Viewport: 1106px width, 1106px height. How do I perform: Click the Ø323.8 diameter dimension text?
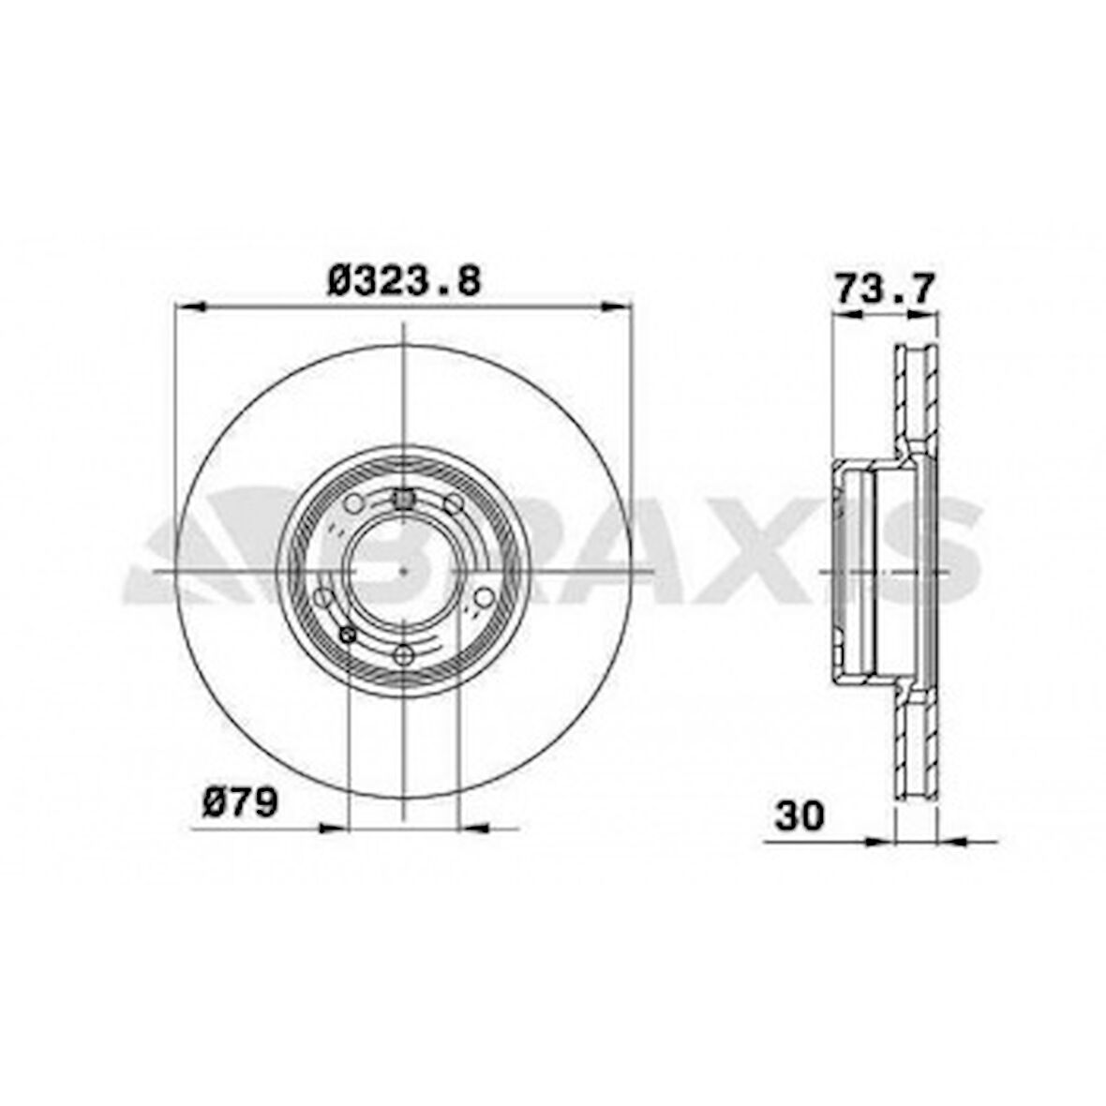pos(404,280)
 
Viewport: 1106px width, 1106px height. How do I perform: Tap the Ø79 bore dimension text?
pos(240,802)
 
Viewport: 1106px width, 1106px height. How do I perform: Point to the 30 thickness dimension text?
pos(799,815)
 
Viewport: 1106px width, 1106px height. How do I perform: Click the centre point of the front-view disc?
pos(403,571)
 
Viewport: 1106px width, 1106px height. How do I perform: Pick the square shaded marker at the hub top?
pos(404,500)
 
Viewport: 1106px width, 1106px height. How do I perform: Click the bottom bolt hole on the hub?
pos(403,655)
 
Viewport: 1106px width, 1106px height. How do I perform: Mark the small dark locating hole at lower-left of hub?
pos(349,636)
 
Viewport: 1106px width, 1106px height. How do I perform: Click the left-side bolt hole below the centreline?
pos(322,597)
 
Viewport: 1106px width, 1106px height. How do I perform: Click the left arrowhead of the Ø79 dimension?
pos(333,828)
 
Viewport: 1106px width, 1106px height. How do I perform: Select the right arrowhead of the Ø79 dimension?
pos(474,828)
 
